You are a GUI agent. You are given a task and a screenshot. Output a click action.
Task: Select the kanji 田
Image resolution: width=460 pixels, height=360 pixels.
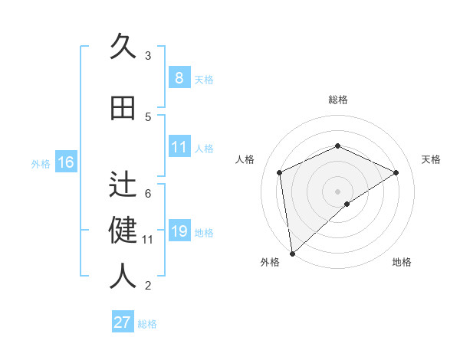pyautogui.click(x=123, y=107)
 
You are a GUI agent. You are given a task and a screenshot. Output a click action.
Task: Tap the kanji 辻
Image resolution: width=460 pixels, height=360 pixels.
pyautogui.click(x=123, y=185)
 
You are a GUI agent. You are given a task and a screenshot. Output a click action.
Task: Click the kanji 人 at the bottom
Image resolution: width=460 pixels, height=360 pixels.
pyautogui.click(x=123, y=277)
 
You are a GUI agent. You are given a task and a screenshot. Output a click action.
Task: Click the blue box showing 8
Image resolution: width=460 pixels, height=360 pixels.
pyautogui.click(x=179, y=77)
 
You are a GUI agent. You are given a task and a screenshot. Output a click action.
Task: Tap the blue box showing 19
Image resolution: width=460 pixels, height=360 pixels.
pyautogui.click(x=179, y=231)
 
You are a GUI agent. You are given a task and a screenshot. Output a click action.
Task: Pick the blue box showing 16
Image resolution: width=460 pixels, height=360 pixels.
pyautogui.click(x=66, y=162)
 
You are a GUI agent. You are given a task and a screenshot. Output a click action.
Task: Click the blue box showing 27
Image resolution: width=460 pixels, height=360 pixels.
pyautogui.click(x=122, y=322)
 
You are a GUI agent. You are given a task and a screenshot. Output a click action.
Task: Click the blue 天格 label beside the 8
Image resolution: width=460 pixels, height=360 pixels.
pyautogui.click(x=204, y=79)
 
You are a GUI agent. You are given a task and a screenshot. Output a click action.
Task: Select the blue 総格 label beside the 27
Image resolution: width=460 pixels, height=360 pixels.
pyautogui.click(x=147, y=324)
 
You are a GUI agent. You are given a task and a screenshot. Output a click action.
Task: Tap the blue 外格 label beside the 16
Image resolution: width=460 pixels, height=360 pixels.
pyautogui.click(x=41, y=163)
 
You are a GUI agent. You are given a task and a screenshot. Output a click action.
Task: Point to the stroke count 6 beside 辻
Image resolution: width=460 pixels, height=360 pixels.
pyautogui.click(x=148, y=193)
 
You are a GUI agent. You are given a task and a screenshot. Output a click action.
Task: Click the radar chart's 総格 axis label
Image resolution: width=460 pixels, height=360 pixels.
pyautogui.click(x=337, y=100)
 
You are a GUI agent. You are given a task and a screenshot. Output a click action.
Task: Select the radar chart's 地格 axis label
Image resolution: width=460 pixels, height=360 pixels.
pyautogui.click(x=402, y=262)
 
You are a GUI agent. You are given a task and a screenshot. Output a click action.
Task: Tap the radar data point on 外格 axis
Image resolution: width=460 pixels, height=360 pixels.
pyautogui.click(x=291, y=253)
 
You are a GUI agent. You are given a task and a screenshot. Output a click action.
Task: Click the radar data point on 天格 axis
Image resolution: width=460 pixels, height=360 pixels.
pyautogui.click(x=396, y=172)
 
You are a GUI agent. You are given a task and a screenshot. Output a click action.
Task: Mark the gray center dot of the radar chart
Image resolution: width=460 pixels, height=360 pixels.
pyautogui.click(x=337, y=191)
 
